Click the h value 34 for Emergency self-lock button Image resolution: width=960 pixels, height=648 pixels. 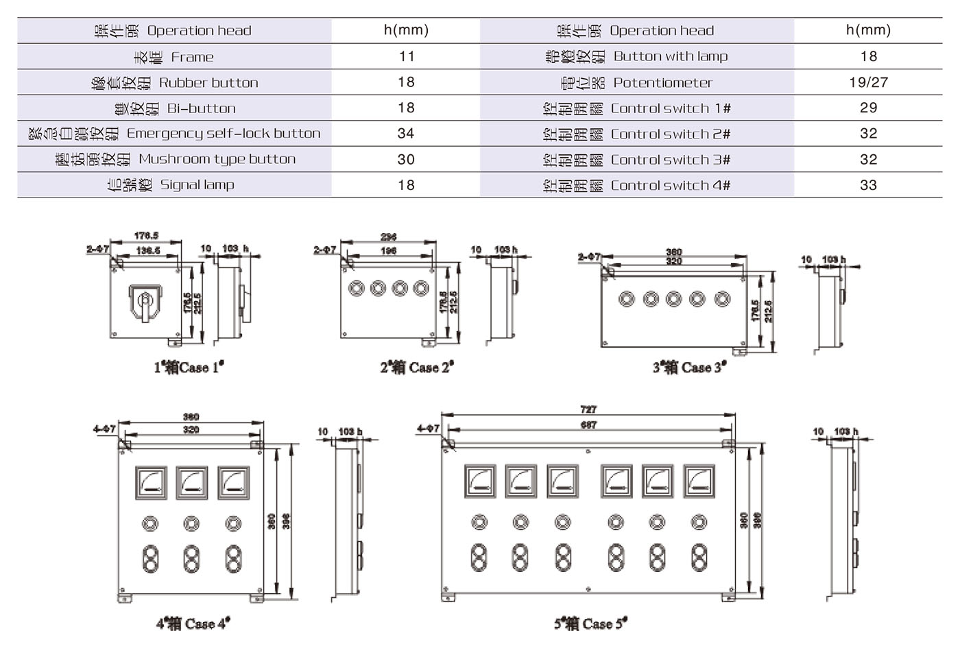[x=406, y=134]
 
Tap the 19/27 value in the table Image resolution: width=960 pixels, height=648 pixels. [x=868, y=82]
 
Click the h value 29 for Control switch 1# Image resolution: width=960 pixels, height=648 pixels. [x=868, y=108]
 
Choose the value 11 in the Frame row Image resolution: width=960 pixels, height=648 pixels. [x=406, y=57]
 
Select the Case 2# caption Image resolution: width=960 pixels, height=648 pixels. [x=417, y=368]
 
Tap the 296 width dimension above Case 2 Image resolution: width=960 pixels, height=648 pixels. [x=388, y=237]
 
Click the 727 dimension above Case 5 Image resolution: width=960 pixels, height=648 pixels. [x=588, y=409]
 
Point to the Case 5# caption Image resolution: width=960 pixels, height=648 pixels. [x=590, y=623]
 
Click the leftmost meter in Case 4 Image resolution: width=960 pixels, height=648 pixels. [x=151, y=483]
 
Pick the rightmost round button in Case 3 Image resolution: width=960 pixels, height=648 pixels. [x=722, y=299]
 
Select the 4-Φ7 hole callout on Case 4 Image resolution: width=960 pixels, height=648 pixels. [x=104, y=429]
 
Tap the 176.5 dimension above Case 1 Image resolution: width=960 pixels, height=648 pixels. [x=146, y=236]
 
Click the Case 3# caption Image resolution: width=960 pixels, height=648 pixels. [x=689, y=368]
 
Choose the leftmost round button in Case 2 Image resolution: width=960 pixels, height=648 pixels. [x=356, y=288]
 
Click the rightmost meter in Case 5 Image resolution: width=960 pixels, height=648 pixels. [x=699, y=481]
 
